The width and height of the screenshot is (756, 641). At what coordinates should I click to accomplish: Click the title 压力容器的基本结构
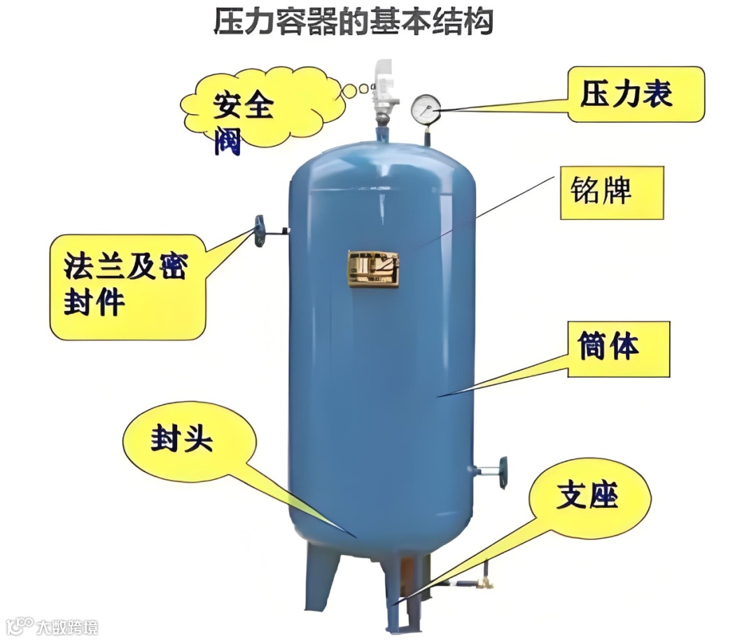pyautogui.click(x=353, y=22)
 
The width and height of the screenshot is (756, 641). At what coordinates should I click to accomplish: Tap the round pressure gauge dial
pyautogui.click(x=426, y=109)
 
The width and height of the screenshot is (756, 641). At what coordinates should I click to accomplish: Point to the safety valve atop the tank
pyautogui.click(x=383, y=91)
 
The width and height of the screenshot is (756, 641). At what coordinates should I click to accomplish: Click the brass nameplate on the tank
pyautogui.click(x=374, y=268)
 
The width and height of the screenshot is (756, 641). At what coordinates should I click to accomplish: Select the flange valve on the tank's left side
pyautogui.click(x=260, y=230)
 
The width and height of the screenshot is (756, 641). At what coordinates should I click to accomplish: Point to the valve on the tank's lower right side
pyautogui.click(x=500, y=470)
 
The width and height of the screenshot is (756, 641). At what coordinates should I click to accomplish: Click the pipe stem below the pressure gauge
pyautogui.click(x=426, y=134)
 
